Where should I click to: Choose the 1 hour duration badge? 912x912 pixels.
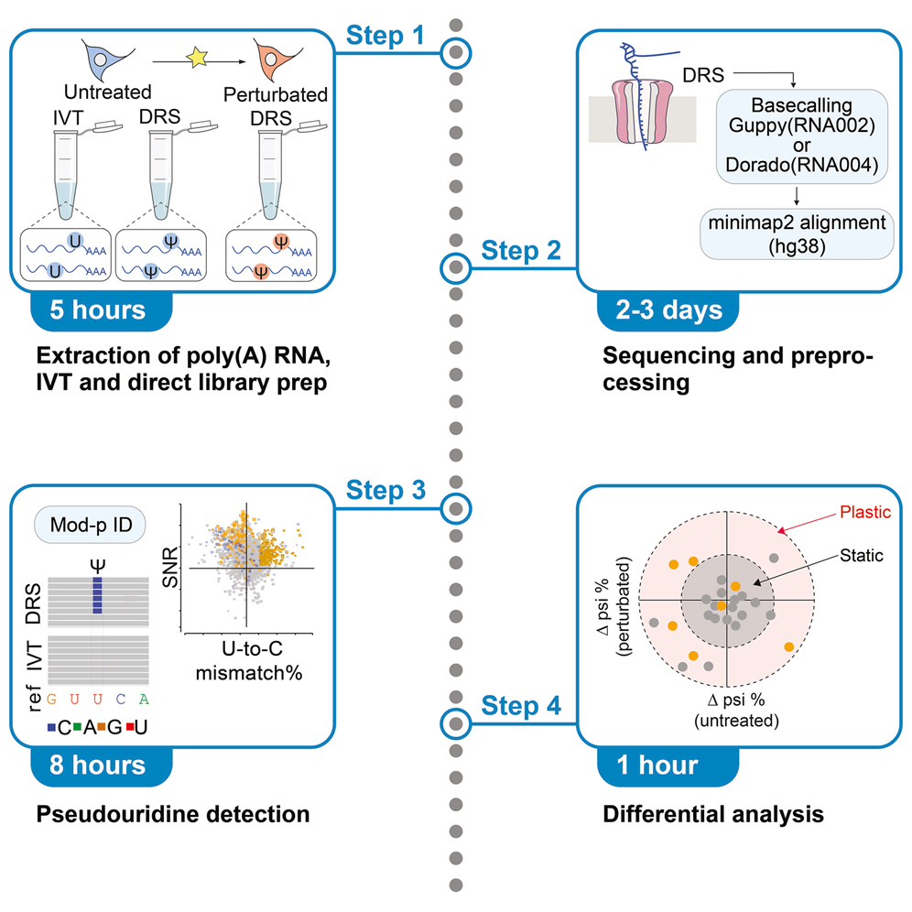659,764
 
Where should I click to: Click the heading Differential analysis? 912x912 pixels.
714,813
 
